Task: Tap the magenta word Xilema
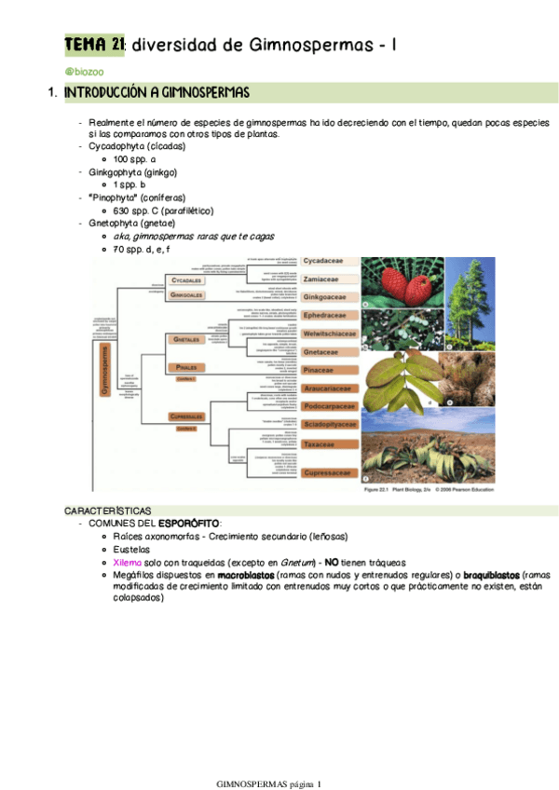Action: [x=128, y=563]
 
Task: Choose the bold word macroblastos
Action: [x=250, y=576]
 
